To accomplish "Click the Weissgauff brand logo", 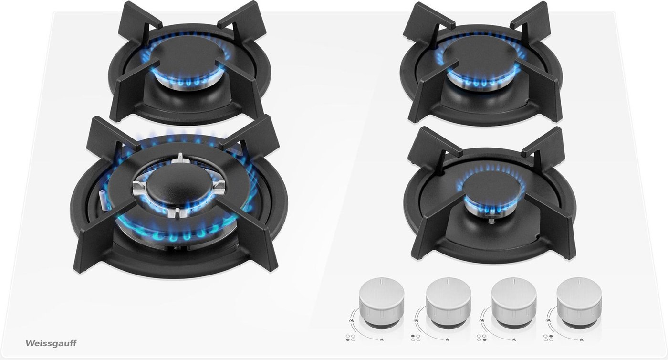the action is [x=51, y=343].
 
